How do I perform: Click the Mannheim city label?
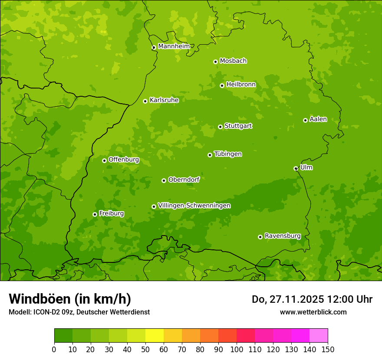pyautogui.click(x=174, y=46)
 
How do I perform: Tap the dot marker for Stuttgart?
pyautogui.click(x=220, y=127)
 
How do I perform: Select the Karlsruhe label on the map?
pyautogui.click(x=164, y=100)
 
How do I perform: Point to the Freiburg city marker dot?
pyautogui.click(x=95, y=214)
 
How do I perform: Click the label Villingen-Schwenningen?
pyautogui.click(x=194, y=206)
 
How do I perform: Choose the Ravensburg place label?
pyautogui.click(x=283, y=236)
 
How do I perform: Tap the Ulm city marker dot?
pyautogui.click(x=296, y=168)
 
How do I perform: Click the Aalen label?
pyautogui.click(x=318, y=119)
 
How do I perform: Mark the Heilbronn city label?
pyautogui.click(x=241, y=85)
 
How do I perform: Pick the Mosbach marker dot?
pyautogui.click(x=215, y=62)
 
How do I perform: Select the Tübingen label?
pyautogui.click(x=228, y=154)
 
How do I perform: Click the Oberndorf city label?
pyautogui.click(x=184, y=180)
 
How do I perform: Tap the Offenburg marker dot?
pyautogui.click(x=104, y=160)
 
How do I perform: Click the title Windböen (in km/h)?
pyautogui.click(x=70, y=299)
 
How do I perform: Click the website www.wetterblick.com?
pyautogui.click(x=313, y=312)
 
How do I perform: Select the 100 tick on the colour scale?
pyautogui.click(x=237, y=349)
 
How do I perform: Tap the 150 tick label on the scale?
pyautogui.click(x=327, y=349)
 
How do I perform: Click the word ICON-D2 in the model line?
pyautogui.click(x=45, y=312)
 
